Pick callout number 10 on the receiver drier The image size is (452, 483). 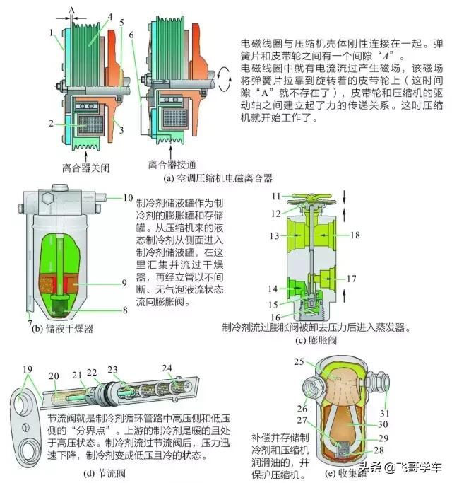(128, 197)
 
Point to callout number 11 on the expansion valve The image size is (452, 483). (278, 195)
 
